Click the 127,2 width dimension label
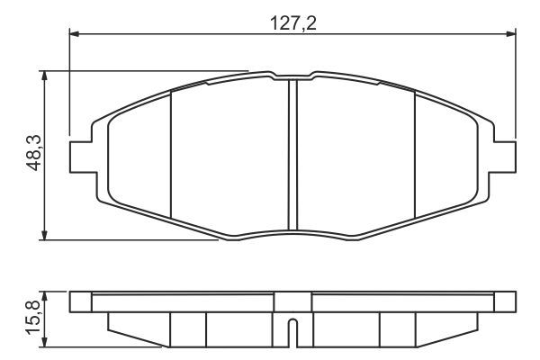pyautogui.click(x=293, y=23)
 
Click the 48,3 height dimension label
pyautogui.click(x=34, y=153)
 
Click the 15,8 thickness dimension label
pyautogui.click(x=34, y=318)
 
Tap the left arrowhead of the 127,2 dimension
pyautogui.click(x=75, y=34)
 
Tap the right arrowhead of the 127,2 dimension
pyautogui.click(x=511, y=34)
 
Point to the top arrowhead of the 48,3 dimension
pyautogui.click(x=44, y=76)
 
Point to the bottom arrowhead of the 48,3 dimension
pyautogui.click(x=44, y=235)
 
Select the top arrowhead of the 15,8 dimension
pyautogui.click(x=44, y=296)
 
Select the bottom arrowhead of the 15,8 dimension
pyautogui.click(x=44, y=342)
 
